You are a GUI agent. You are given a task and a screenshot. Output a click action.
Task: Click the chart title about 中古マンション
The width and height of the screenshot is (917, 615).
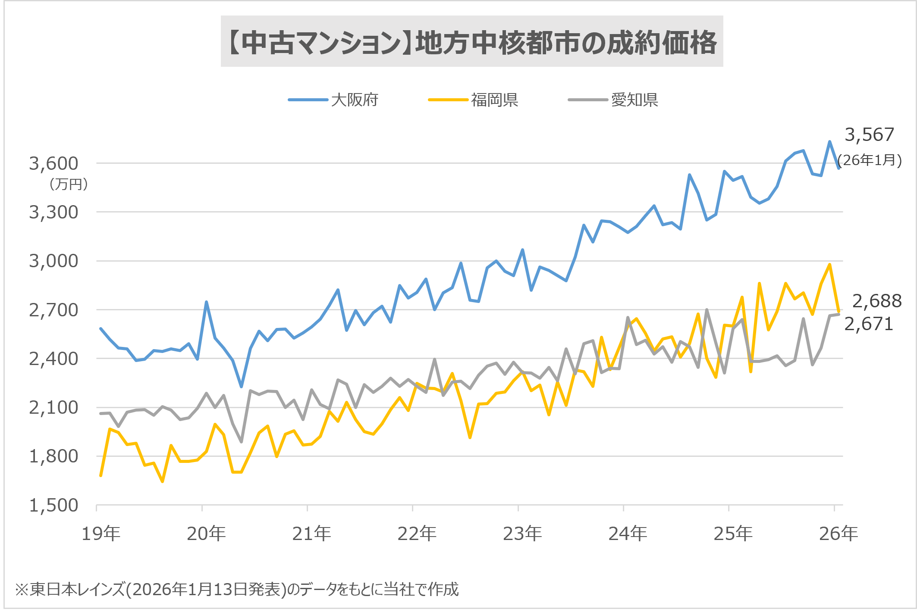point(472,42)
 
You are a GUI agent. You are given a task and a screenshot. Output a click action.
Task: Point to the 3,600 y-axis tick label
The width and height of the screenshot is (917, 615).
point(53,164)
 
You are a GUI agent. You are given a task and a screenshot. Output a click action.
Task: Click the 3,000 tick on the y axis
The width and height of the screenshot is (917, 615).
point(53,261)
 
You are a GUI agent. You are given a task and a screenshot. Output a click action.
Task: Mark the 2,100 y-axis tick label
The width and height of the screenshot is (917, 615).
point(53,408)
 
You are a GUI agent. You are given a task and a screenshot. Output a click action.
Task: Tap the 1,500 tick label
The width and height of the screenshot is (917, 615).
point(53,505)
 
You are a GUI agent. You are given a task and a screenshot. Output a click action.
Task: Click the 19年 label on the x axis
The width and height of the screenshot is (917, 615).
point(101,534)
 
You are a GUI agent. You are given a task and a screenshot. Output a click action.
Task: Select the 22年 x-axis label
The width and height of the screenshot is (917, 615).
point(417,534)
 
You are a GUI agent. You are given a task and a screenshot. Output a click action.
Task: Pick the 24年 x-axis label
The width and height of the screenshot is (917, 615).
point(628,534)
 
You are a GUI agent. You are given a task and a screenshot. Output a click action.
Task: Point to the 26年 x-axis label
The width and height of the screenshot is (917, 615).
point(838,534)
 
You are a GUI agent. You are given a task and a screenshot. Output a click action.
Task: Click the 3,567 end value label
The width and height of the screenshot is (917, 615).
point(869,135)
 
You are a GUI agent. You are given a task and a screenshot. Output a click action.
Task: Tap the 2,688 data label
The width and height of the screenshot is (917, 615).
point(877,301)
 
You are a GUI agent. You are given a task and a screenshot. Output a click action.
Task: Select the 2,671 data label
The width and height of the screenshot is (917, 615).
point(868,324)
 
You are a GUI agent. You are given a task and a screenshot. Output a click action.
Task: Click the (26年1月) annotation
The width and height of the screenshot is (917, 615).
point(870,160)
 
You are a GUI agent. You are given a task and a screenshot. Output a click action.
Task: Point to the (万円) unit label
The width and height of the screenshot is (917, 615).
point(68,184)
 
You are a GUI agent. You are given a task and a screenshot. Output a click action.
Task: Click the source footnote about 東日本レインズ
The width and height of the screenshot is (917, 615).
point(237,589)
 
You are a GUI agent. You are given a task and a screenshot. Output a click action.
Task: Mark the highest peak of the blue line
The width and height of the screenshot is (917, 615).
point(829,141)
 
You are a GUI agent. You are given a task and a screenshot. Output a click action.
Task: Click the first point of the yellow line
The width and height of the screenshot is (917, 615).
point(100,476)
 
